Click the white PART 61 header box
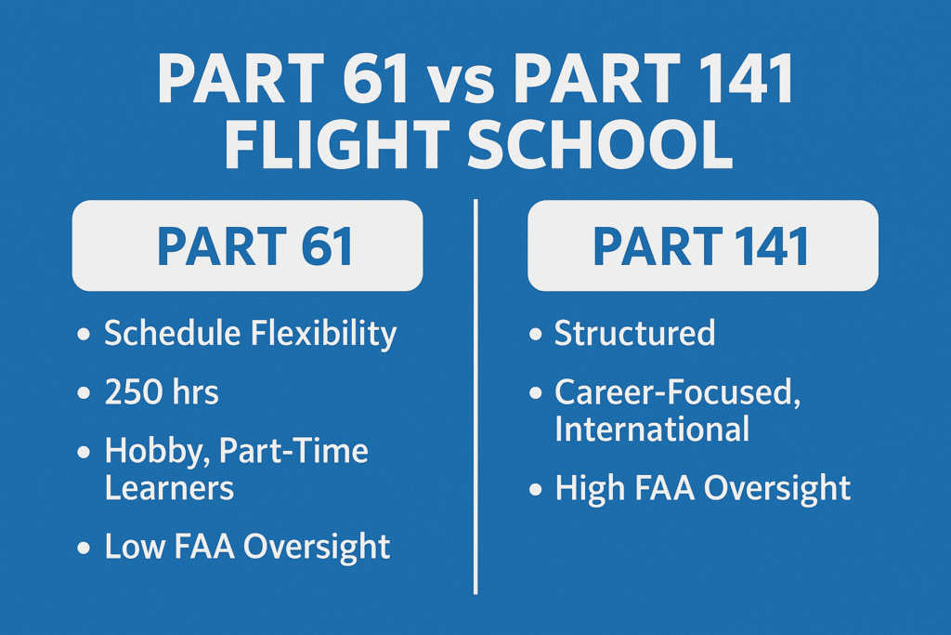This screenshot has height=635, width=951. click(247, 245)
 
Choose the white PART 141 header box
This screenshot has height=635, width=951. click(703, 245)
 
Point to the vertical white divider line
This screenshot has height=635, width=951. click(475, 396)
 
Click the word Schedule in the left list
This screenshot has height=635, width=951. click(172, 333)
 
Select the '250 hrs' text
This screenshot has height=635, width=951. click(162, 392)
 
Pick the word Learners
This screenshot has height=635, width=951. click(169, 488)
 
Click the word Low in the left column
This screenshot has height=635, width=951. click(135, 546)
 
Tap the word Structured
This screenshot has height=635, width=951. click(635, 333)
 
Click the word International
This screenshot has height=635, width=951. click(652, 430)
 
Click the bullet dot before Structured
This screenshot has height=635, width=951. click(535, 334)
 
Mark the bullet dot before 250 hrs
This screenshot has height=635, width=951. click(84, 393)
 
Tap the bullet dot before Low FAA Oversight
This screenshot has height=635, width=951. click(84, 548)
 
